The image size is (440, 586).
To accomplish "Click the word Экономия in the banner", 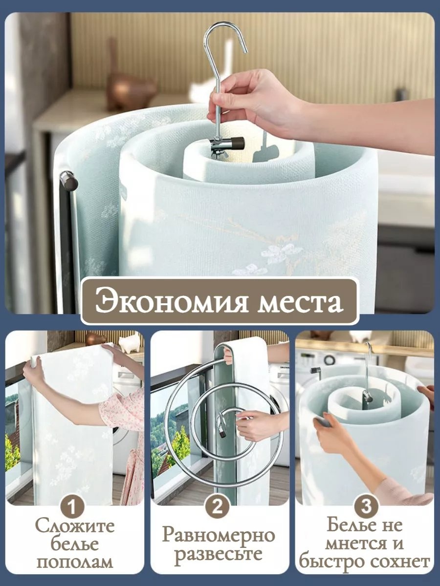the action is (x=172, y=301).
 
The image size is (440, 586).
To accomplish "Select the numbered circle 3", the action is (x=366, y=506).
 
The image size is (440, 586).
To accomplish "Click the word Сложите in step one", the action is (x=75, y=525).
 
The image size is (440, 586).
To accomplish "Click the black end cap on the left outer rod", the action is (x=68, y=181).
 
